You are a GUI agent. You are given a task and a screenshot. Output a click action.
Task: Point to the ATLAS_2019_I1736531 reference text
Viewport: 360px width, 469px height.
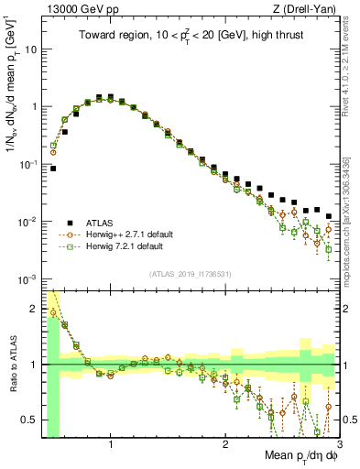(x=190, y=274)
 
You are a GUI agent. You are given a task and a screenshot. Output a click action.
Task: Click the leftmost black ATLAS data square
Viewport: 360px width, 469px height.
(x=53, y=169)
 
